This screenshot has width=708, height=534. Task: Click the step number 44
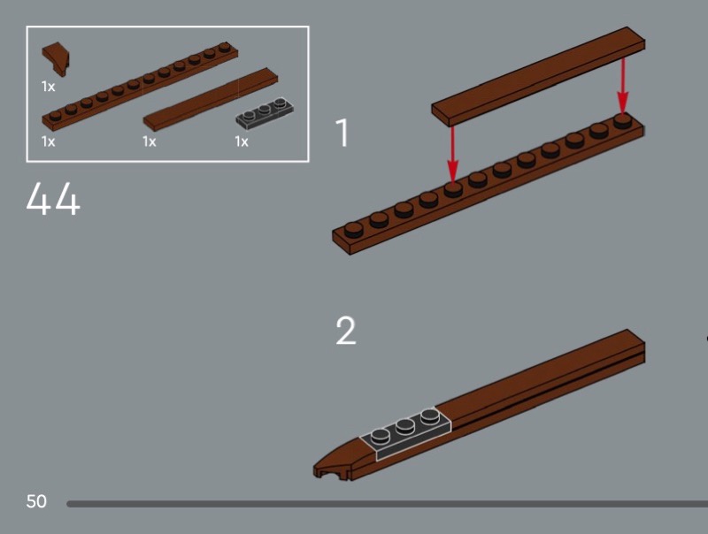click(53, 198)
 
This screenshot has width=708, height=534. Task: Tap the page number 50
click(36, 501)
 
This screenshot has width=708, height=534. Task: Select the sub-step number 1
click(342, 133)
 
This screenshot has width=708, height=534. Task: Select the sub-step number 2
click(346, 331)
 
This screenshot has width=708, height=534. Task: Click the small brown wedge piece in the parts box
click(56, 58)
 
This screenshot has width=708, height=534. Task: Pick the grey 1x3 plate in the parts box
click(265, 111)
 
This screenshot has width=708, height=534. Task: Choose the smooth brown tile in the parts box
click(211, 99)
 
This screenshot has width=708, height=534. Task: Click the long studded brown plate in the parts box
click(140, 85)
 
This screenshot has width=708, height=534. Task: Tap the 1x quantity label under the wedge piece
click(48, 86)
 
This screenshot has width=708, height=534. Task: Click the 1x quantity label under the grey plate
click(241, 141)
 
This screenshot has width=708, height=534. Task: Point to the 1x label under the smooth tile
click(149, 141)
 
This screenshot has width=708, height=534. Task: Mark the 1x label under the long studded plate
click(48, 141)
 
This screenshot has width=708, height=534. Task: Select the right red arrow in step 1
click(623, 86)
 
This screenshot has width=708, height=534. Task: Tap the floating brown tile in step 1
click(538, 77)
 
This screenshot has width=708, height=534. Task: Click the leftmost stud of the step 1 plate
click(353, 230)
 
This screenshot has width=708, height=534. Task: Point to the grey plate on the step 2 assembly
click(405, 433)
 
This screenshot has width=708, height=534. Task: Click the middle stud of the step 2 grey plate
click(405, 427)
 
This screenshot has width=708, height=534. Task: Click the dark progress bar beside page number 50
click(387, 504)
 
